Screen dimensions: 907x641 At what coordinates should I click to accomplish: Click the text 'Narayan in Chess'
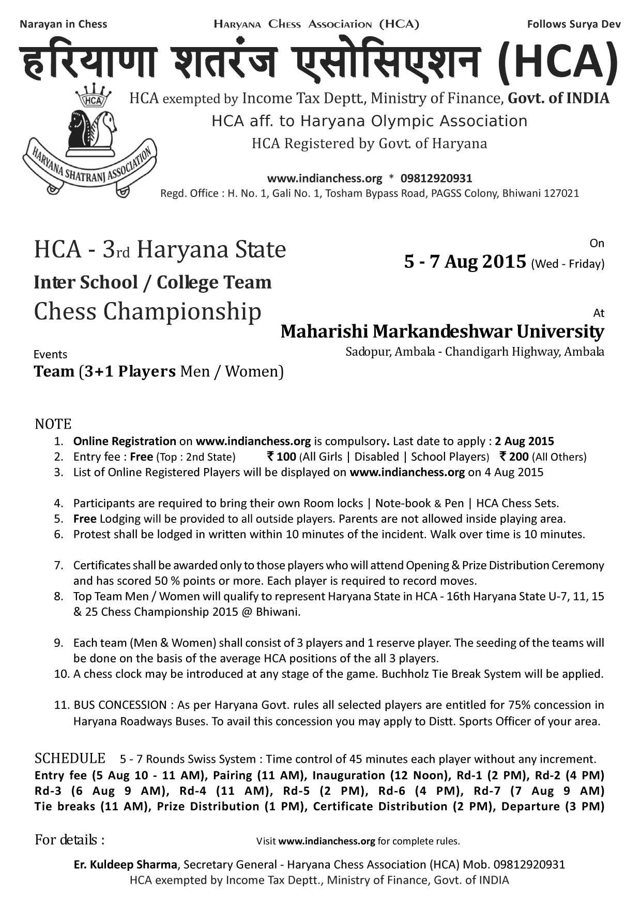click(x=63, y=24)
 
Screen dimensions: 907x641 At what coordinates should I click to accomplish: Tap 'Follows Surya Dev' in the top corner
click(x=574, y=24)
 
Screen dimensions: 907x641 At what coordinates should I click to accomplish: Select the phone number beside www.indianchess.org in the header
click(x=436, y=178)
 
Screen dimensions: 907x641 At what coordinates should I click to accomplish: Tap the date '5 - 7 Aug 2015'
click(x=465, y=262)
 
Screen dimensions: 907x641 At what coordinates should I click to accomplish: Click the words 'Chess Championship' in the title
click(x=147, y=312)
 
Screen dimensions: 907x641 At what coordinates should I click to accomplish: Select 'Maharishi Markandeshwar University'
click(x=442, y=331)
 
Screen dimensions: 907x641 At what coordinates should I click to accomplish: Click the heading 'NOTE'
click(x=53, y=424)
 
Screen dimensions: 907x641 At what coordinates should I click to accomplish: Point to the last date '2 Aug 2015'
click(x=524, y=441)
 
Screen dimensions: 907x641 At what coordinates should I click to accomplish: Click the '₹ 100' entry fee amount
click(x=281, y=457)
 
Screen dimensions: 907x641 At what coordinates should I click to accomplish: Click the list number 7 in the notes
click(x=58, y=565)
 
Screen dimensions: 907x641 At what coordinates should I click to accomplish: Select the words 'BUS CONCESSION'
click(x=120, y=705)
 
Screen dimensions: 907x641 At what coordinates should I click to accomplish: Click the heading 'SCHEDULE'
click(x=70, y=759)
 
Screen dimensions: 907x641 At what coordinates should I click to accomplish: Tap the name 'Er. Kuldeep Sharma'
click(x=125, y=865)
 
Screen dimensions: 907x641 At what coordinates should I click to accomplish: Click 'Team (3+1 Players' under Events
click(x=104, y=372)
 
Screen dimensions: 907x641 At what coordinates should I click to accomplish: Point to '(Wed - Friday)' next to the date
click(x=568, y=264)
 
